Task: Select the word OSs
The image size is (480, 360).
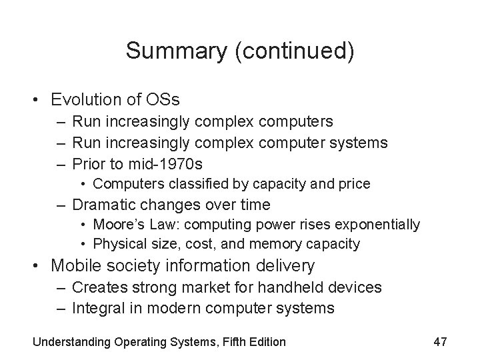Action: tap(163, 100)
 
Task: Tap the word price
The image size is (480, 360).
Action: tap(355, 183)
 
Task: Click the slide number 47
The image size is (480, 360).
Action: tap(439, 342)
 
